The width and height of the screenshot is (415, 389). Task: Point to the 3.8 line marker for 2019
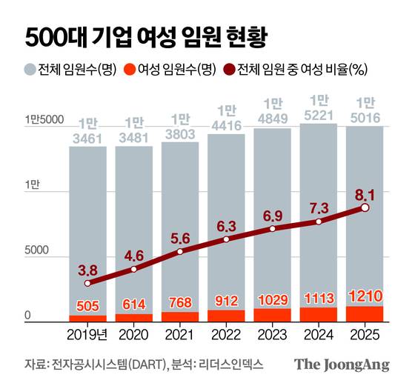click(x=88, y=283)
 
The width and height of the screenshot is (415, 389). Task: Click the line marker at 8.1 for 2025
click(x=365, y=208)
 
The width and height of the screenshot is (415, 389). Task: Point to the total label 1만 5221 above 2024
click(x=319, y=107)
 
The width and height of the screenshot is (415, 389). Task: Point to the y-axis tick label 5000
click(x=37, y=251)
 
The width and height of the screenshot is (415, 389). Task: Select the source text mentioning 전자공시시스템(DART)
click(x=111, y=365)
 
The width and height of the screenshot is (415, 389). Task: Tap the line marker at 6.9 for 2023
click(x=273, y=229)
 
